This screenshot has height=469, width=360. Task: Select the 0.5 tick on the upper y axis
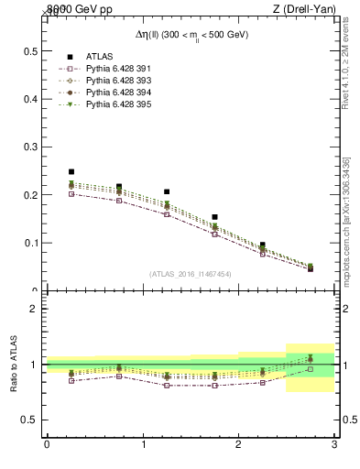tap(30, 50)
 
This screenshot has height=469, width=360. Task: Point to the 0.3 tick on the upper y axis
tap(30, 147)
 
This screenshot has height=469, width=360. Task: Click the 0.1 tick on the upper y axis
tap(30, 243)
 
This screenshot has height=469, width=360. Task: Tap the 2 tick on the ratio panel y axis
tap(34, 309)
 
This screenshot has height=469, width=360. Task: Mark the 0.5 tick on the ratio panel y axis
tap(30, 420)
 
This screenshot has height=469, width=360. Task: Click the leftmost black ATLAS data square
tap(71, 171)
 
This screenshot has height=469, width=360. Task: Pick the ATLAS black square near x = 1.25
tap(167, 191)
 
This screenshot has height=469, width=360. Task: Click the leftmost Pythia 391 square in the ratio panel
tap(71, 380)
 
